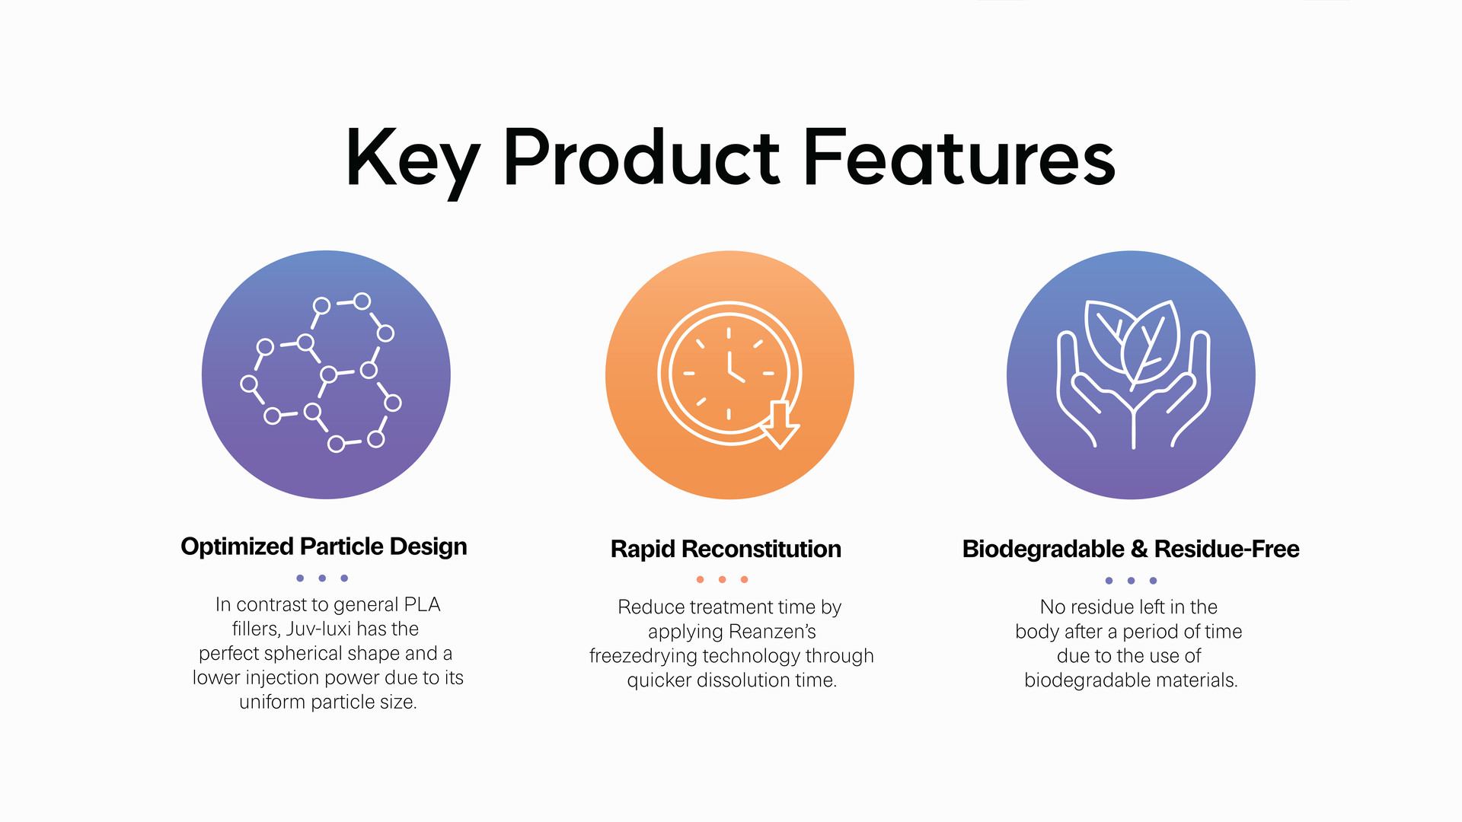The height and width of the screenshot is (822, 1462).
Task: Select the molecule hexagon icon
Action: pyautogui.click(x=321, y=372)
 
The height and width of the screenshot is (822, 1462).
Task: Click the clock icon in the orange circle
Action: pyautogui.click(x=729, y=374)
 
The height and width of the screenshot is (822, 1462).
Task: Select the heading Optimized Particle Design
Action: pyautogui.click(x=324, y=546)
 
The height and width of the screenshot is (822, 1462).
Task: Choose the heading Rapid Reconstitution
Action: pyautogui.click(x=726, y=549)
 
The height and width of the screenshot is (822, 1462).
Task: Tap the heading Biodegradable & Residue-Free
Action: pyautogui.click(x=1131, y=549)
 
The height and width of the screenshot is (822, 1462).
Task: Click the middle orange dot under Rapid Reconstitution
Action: pyautogui.click(x=722, y=579)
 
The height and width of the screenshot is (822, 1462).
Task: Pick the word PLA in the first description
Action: pyautogui.click(x=422, y=604)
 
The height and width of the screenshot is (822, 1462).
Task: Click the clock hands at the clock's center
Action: pyautogui.click(x=734, y=369)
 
